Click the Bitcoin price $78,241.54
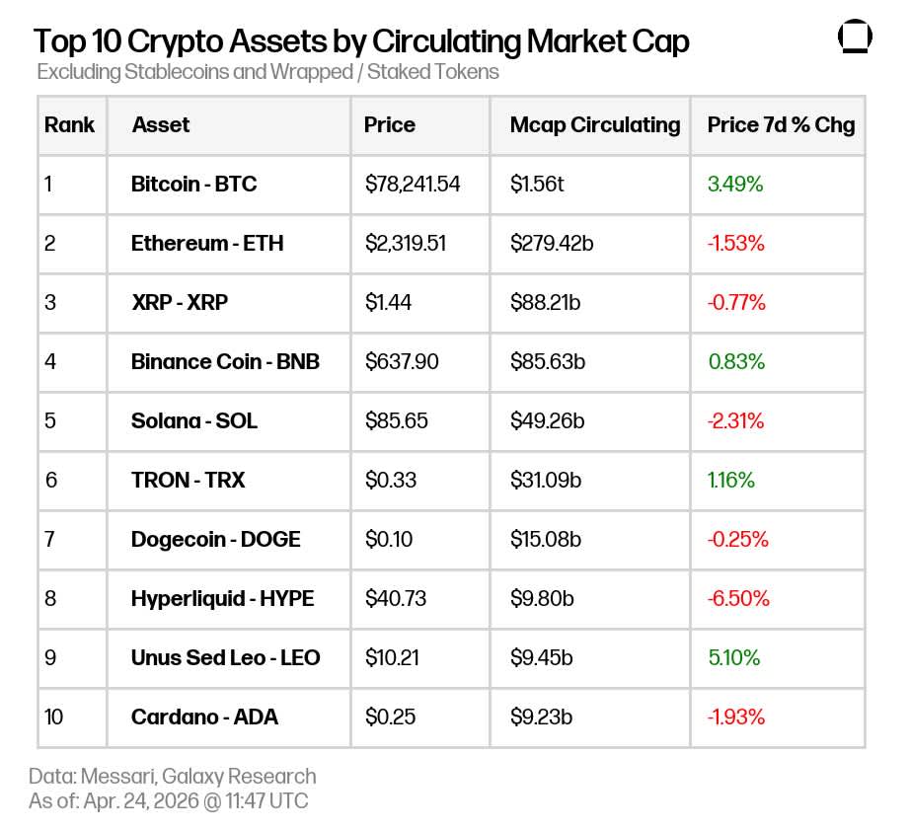(413, 185)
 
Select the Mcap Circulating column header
(595, 125)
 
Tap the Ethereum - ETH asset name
(207, 244)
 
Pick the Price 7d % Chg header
(781, 125)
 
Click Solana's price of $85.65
(397, 421)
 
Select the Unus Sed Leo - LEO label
(225, 658)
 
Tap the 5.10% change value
(734, 658)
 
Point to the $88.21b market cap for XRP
(546, 303)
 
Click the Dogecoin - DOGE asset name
(216, 540)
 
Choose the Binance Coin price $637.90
(402, 362)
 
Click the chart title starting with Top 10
(361, 41)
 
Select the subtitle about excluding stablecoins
(268, 72)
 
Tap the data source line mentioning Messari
(173, 776)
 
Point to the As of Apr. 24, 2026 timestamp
(169, 800)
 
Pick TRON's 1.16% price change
(731, 481)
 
